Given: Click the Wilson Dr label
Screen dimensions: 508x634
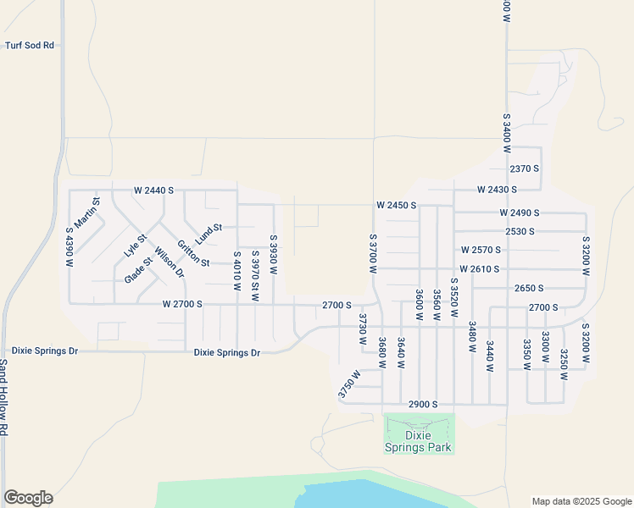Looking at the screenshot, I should [169, 262].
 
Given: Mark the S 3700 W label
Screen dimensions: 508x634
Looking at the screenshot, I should [372, 253].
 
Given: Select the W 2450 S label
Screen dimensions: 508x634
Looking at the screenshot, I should [397, 206].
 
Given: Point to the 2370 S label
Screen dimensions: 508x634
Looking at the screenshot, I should [525, 168].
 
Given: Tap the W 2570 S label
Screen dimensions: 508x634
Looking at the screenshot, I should [481, 250].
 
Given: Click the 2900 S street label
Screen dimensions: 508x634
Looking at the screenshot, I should [422, 405].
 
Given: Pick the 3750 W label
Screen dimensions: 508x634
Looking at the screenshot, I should [349, 384].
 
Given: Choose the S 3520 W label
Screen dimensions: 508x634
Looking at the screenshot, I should [454, 297].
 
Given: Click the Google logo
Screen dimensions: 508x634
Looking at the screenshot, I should [28, 498].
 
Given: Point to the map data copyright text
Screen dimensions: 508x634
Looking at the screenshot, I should [581, 501].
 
